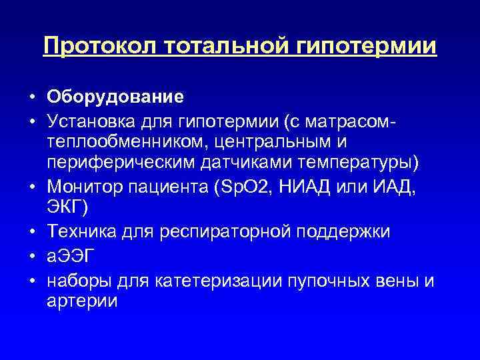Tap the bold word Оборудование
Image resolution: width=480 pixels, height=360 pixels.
pyautogui.click(x=115, y=97)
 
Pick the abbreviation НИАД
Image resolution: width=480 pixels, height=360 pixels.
pyautogui.click(x=305, y=188)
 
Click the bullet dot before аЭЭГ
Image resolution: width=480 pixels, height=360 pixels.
pyautogui.click(x=32, y=256)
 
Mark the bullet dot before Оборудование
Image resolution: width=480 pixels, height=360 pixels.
pyautogui.click(x=32, y=97)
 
